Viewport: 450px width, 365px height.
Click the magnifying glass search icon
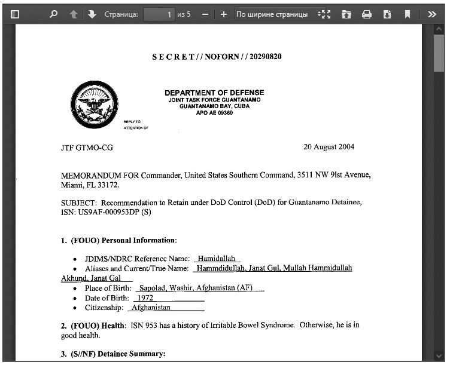point(53,14)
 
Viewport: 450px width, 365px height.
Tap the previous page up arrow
point(73,14)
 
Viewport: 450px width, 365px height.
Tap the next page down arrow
point(92,14)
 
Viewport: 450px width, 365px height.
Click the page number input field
point(159,14)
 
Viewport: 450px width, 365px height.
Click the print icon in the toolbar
point(367,14)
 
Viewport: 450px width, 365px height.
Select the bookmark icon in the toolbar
point(408,14)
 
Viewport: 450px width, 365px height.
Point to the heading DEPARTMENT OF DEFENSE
point(214,93)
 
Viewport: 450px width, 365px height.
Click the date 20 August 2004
point(329,147)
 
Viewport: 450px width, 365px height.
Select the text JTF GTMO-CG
point(87,147)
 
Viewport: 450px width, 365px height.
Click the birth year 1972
point(145,297)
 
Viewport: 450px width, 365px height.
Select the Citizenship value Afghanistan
point(151,308)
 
